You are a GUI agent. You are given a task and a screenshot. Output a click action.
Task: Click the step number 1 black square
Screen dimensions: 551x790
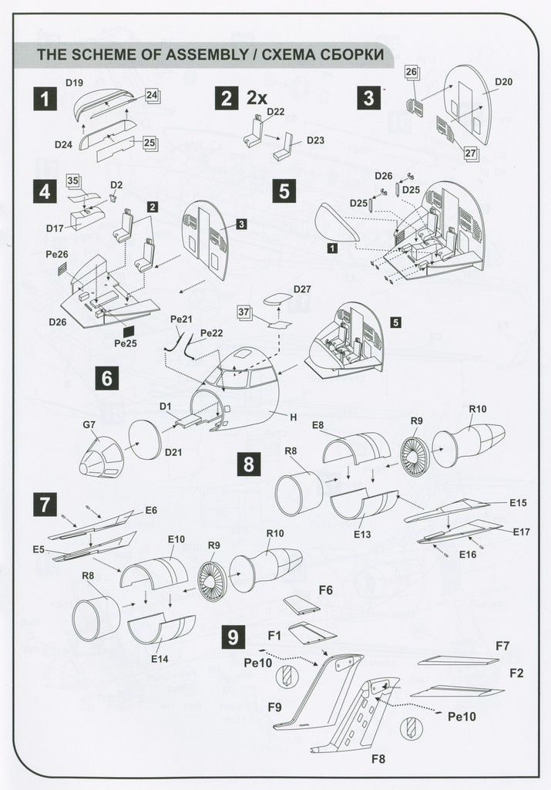click(x=45, y=99)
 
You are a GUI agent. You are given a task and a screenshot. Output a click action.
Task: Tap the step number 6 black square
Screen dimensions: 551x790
click(x=107, y=377)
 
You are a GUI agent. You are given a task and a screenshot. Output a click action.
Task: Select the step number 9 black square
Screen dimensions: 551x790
click(x=233, y=637)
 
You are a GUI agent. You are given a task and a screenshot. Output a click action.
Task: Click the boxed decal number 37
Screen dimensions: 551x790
click(x=244, y=312)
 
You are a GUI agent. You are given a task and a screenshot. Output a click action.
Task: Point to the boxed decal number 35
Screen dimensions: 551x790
click(x=73, y=181)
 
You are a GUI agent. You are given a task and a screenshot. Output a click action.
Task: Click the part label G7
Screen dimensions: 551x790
click(x=89, y=425)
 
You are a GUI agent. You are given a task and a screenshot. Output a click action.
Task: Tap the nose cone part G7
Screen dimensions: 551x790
click(x=101, y=457)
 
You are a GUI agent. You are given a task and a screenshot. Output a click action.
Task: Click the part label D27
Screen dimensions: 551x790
click(x=302, y=289)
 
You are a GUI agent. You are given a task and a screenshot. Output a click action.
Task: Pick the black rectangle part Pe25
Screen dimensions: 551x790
click(x=129, y=331)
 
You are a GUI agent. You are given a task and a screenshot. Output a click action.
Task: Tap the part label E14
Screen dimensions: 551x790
click(x=160, y=659)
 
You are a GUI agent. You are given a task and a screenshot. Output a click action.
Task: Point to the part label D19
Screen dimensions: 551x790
click(x=75, y=83)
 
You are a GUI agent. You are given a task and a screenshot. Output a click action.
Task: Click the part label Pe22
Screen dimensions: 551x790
click(x=211, y=333)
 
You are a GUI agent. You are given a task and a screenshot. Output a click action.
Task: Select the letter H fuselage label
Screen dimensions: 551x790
click(x=294, y=417)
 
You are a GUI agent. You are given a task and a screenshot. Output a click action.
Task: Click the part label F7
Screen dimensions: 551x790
click(x=502, y=646)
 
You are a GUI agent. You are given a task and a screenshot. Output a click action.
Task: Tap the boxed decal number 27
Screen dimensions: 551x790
click(x=470, y=154)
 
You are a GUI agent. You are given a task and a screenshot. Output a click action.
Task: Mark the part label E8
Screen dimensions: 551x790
click(x=318, y=425)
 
